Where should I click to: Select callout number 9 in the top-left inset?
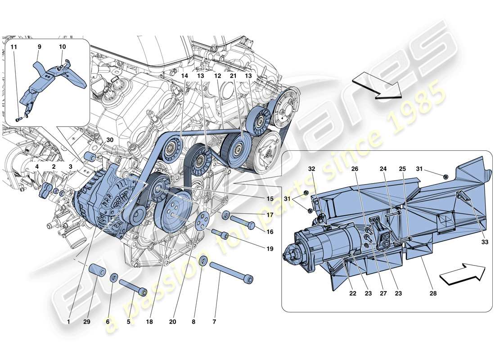[39, 47]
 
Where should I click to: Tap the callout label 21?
[233, 76]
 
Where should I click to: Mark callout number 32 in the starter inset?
[311, 170]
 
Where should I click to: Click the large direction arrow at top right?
[377, 86]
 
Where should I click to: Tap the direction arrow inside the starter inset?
[462, 274]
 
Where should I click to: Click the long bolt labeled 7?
[231, 271]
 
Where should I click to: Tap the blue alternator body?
[98, 202]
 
